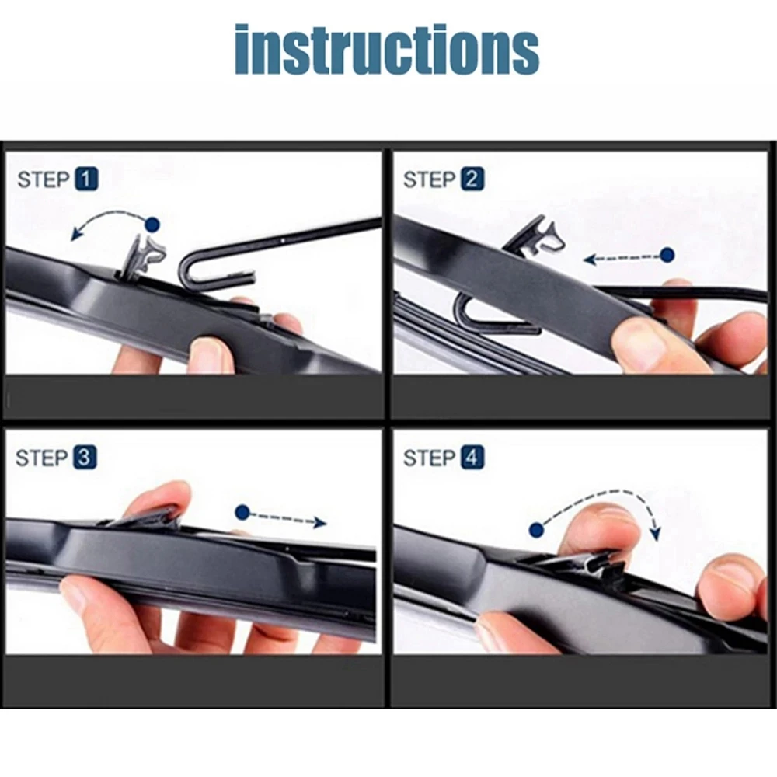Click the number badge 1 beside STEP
coord(86,180)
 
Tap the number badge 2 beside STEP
coord(472,180)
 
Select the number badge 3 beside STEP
coord(85,458)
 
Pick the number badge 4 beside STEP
coord(472,458)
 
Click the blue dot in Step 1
coord(152,225)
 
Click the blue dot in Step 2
coord(667,254)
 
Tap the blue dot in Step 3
coord(242,513)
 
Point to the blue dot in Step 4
coord(535,530)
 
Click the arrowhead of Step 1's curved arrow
coord(74,232)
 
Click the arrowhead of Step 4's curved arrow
coord(655,534)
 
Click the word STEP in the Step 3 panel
coord(43,458)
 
